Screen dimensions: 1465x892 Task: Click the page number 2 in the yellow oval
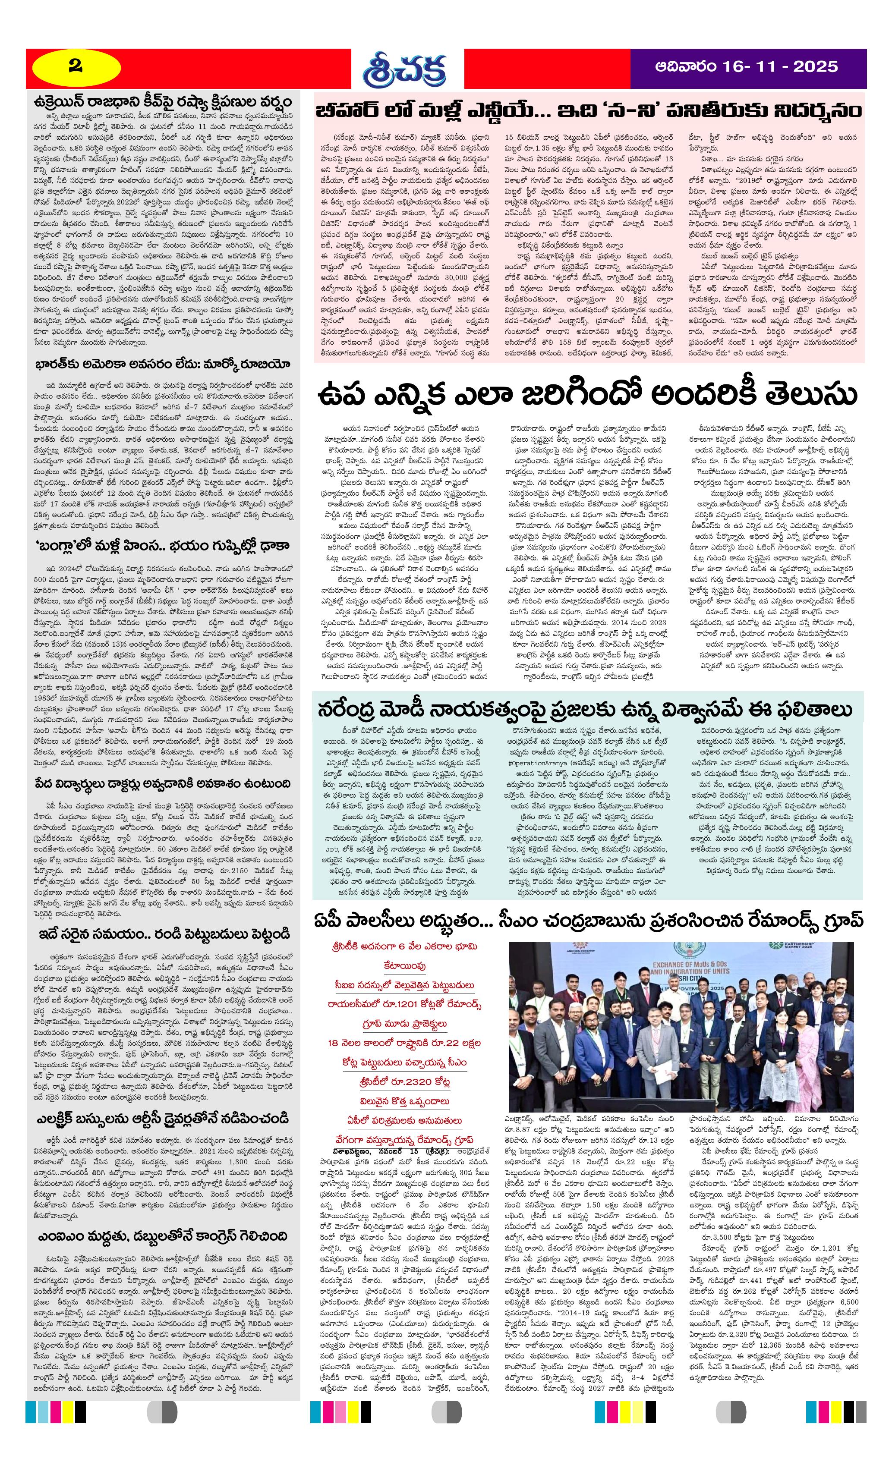[x=76, y=66]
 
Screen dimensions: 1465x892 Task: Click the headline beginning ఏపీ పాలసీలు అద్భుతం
[x=588, y=921]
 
